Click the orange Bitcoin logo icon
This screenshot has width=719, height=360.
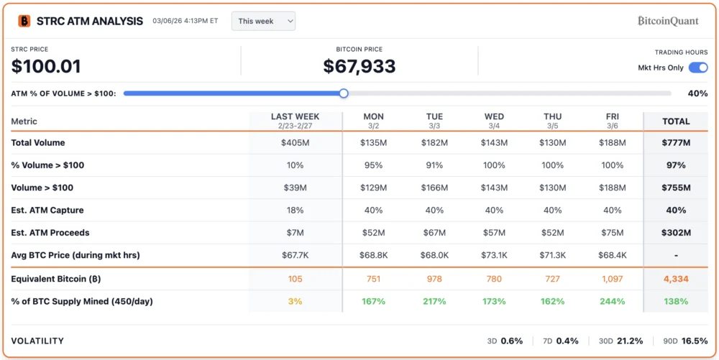[x=24, y=21]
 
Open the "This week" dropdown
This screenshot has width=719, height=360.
[x=263, y=21]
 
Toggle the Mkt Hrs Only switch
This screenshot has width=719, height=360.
[x=697, y=68]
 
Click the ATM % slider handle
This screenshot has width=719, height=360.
[x=344, y=93]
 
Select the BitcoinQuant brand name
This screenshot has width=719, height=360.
[x=668, y=21]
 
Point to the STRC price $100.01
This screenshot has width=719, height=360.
[x=46, y=67]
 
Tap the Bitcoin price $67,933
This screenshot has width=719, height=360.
[x=359, y=67]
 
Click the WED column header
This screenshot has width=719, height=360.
[x=494, y=116]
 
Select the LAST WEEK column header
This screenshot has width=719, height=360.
[x=295, y=116]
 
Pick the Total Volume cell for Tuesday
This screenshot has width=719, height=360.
[x=434, y=143]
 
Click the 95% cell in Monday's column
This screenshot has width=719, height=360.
[x=373, y=165]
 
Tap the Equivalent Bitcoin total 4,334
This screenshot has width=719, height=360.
[x=676, y=279]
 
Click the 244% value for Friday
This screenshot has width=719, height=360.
[x=612, y=301]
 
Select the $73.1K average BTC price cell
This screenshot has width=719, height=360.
[x=494, y=256]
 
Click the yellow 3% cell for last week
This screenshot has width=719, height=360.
[x=295, y=301]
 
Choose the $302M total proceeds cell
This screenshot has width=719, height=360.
[x=676, y=233]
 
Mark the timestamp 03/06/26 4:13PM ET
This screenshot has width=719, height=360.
[x=185, y=21]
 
